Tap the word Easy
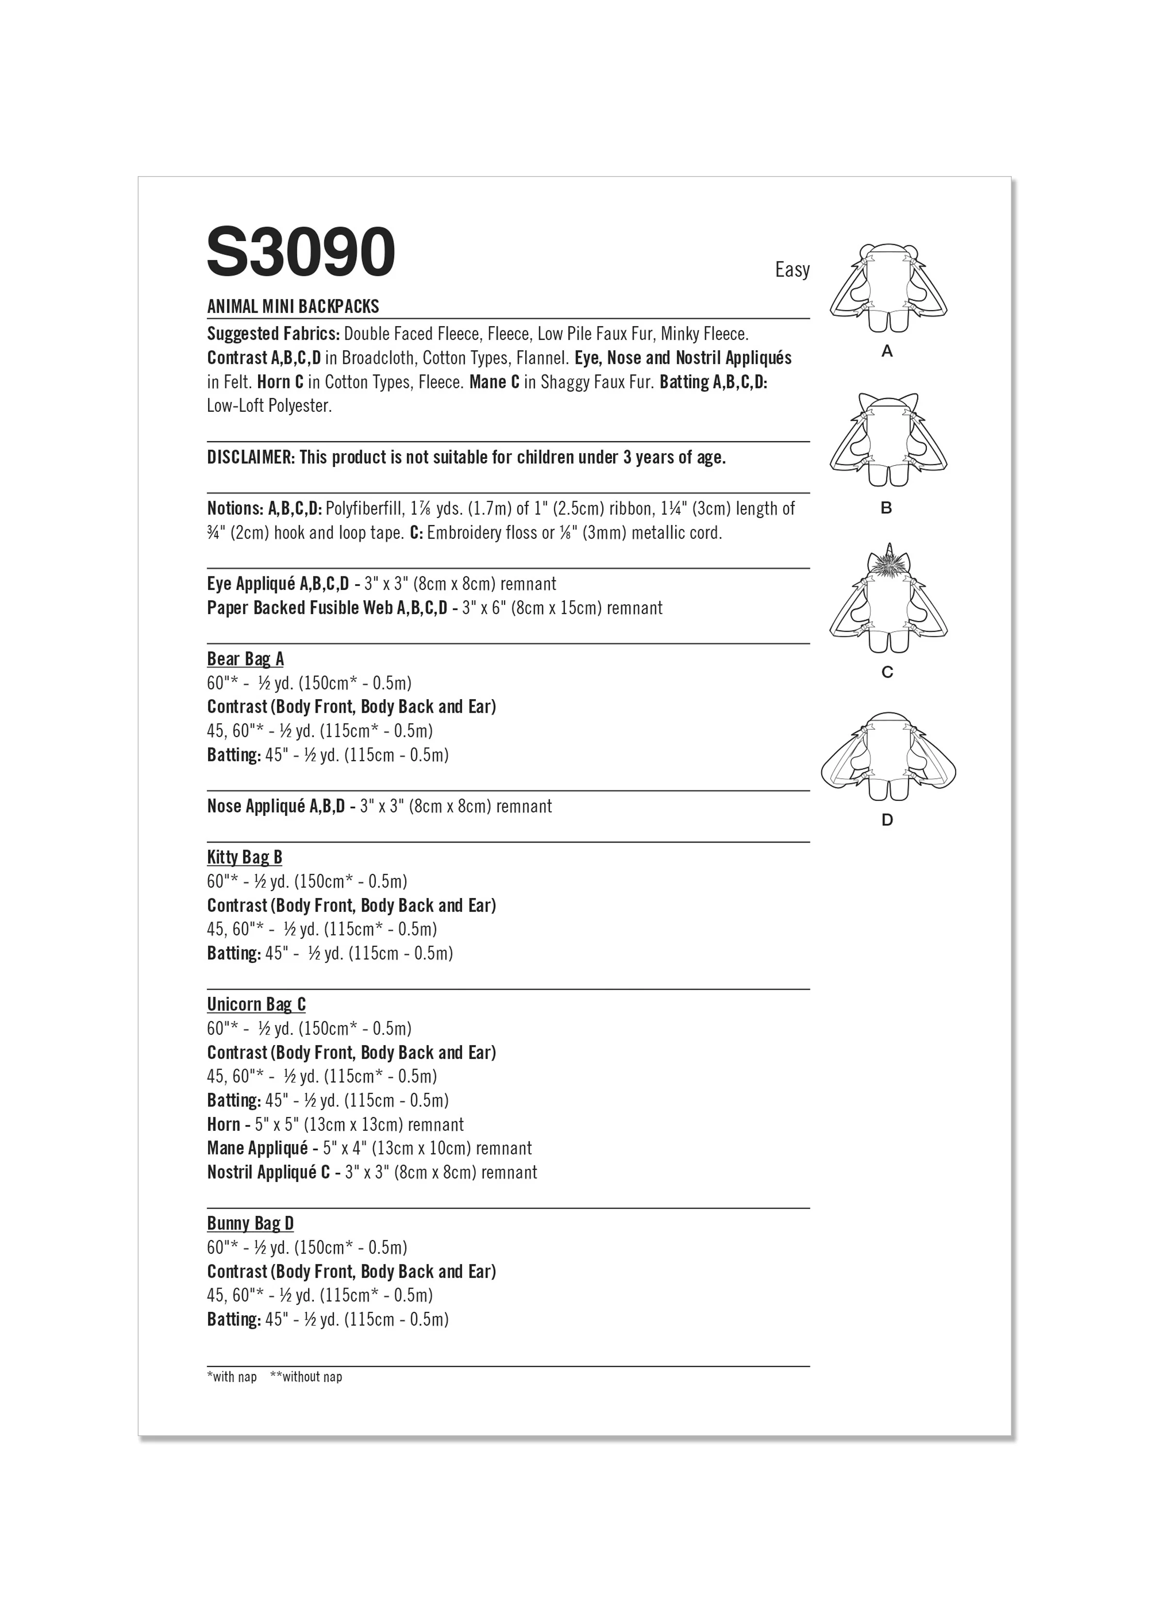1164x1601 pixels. [792, 270]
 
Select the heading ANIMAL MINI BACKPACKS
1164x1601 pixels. [293, 306]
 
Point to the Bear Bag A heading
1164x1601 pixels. [245, 659]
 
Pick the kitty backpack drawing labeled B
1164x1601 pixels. [887, 441]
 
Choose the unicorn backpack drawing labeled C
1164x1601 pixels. [887, 607]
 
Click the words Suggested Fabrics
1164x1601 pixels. [273, 334]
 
